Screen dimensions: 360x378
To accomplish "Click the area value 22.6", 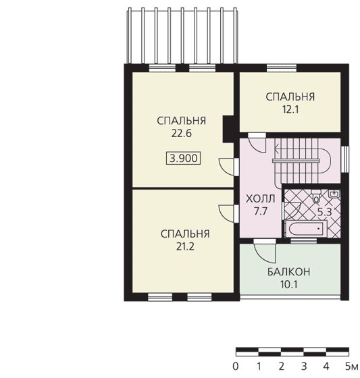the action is [182, 134].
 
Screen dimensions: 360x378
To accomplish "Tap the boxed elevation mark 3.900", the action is [184, 159].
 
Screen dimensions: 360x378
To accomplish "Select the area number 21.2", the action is [185, 246].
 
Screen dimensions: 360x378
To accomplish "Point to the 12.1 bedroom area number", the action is [290, 109].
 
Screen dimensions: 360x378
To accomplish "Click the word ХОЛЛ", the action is [260, 199].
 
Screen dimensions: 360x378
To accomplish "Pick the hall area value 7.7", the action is [260, 211].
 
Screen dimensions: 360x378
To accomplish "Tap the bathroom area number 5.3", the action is [324, 212].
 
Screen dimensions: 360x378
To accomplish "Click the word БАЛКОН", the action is [288, 272].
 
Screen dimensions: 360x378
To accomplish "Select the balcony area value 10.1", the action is [288, 284].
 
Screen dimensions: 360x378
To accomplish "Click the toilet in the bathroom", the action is [316, 196].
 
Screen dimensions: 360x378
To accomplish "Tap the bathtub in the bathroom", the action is [306, 229].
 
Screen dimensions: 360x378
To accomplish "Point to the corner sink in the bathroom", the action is [334, 194].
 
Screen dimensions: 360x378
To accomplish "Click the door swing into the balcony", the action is [264, 253].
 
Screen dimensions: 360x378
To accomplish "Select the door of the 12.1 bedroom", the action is [257, 144].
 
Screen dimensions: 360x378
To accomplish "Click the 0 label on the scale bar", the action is [236, 367].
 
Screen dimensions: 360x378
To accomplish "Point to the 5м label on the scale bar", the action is [351, 367].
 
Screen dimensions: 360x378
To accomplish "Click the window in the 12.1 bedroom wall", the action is [282, 68].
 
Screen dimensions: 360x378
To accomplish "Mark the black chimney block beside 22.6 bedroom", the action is [228, 130].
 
